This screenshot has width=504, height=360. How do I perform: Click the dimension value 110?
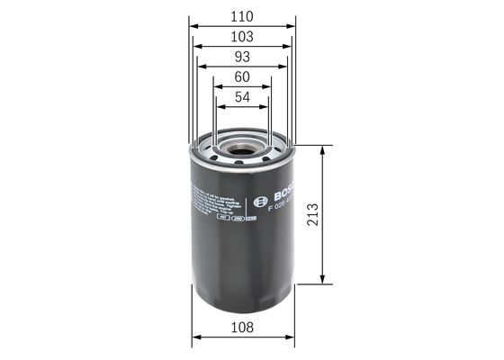pyautogui.click(x=242, y=16)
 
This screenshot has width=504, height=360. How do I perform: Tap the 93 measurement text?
pyautogui.click(x=242, y=56)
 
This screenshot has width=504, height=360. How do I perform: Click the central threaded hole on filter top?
pyautogui.click(x=243, y=145)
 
